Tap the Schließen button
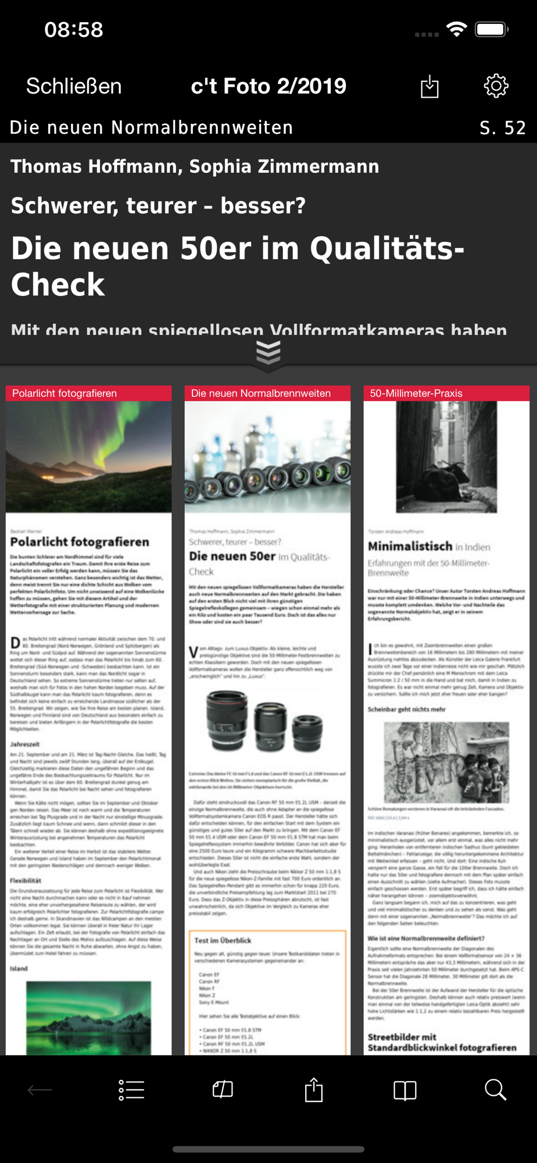(x=74, y=87)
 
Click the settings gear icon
(x=496, y=86)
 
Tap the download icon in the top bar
(x=429, y=87)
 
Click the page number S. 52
(x=503, y=128)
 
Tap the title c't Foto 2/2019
(x=268, y=87)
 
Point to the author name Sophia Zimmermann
(x=284, y=167)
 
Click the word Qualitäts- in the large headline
(x=387, y=249)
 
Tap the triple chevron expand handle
(x=268, y=352)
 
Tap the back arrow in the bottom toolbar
(x=40, y=1090)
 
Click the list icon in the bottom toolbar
(x=131, y=1090)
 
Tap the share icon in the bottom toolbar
(x=314, y=1090)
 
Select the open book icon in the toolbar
(x=405, y=1090)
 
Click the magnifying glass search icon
(x=496, y=1090)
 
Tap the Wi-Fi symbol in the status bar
(x=457, y=29)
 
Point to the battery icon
(x=492, y=29)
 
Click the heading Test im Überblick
(x=223, y=940)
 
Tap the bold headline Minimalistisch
(x=410, y=547)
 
